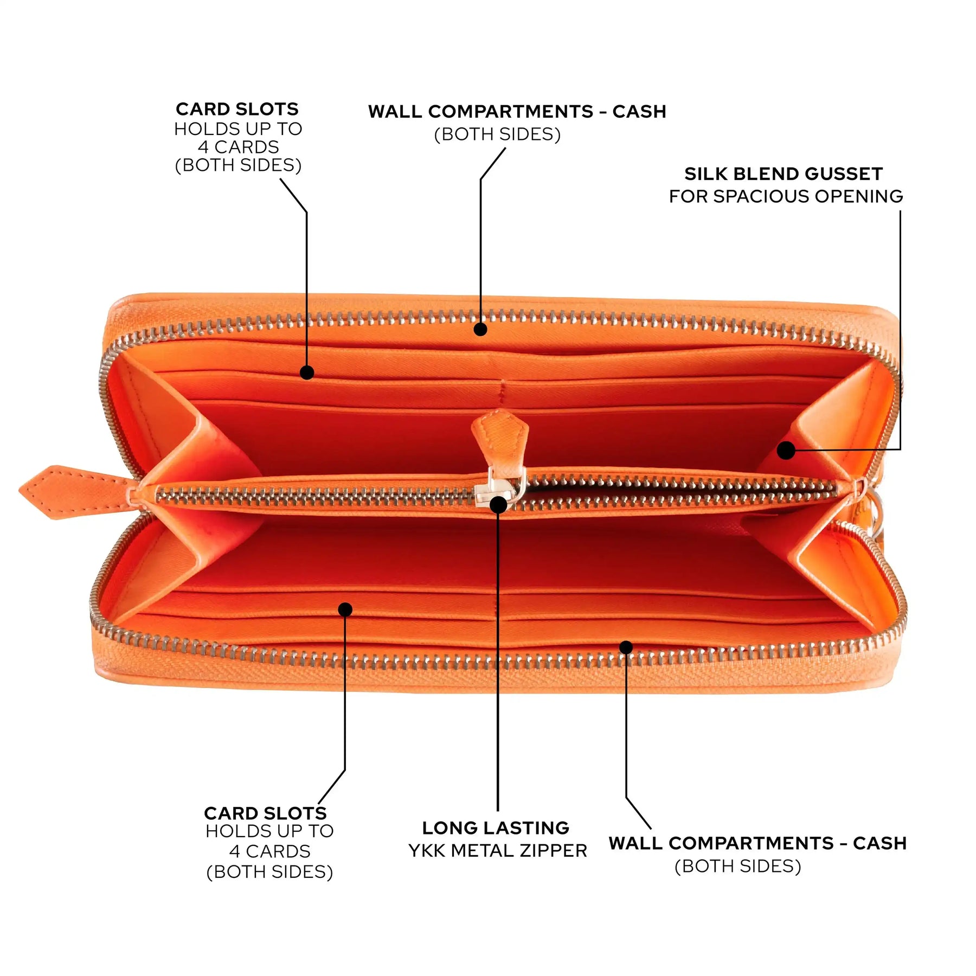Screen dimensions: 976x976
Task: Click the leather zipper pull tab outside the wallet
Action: (76, 491)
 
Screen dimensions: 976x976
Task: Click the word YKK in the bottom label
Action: (427, 851)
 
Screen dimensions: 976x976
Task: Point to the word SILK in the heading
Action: (703, 174)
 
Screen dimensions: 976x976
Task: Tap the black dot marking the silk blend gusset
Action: (786, 450)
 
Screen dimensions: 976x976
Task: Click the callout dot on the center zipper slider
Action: (498, 505)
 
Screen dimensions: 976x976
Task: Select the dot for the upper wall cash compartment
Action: (480, 329)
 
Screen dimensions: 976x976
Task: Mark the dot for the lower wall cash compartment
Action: (626, 647)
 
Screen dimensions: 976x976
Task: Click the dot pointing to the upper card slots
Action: (307, 373)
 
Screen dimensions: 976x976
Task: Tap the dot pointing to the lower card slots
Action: (345, 609)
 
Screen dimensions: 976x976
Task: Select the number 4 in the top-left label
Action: (203, 147)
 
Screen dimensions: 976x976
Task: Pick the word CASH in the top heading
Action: (639, 112)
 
